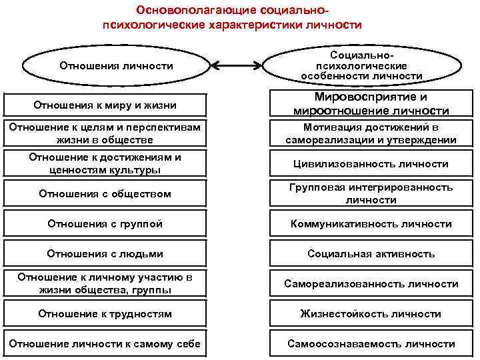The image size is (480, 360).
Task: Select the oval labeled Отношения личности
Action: pyautogui.click(x=116, y=66)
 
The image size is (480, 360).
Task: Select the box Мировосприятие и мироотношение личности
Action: pyautogui.click(x=371, y=104)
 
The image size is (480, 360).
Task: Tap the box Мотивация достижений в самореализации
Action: pyautogui.click(x=371, y=133)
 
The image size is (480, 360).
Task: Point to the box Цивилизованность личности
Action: pyautogui.click(x=371, y=163)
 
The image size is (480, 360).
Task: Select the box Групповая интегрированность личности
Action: pyautogui.click(x=371, y=194)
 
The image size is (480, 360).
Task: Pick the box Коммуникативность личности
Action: pyautogui.click(x=371, y=224)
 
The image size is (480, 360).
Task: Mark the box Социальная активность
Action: pyautogui.click(x=371, y=253)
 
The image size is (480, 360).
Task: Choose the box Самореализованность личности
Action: pyautogui.click(x=371, y=283)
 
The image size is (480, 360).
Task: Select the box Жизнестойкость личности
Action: pyautogui.click(x=371, y=313)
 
